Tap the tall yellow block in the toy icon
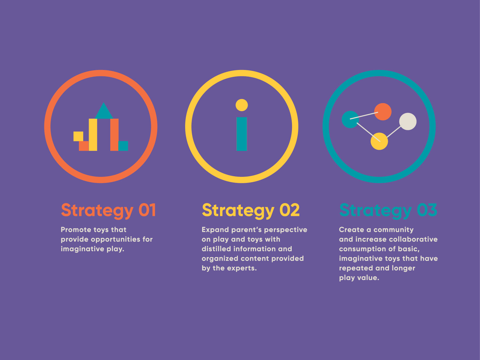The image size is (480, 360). pos(93,135)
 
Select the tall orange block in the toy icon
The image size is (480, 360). pos(114,135)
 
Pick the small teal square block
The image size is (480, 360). pos(123,146)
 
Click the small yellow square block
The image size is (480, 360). pos(78,136)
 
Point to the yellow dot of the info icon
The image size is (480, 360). pos(242,105)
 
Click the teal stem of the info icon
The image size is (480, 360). pos(242,134)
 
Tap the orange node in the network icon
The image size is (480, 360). pos(383,112)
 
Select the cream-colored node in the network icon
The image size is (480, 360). pos(408,122)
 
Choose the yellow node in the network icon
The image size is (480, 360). pos(379,141)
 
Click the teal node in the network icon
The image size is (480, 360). pos(350,120)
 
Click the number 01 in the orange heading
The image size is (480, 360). pos(147,210)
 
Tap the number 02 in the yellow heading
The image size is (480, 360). pos(290,210)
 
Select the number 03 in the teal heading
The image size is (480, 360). pos(427,210)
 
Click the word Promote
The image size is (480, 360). pos(76,230)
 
